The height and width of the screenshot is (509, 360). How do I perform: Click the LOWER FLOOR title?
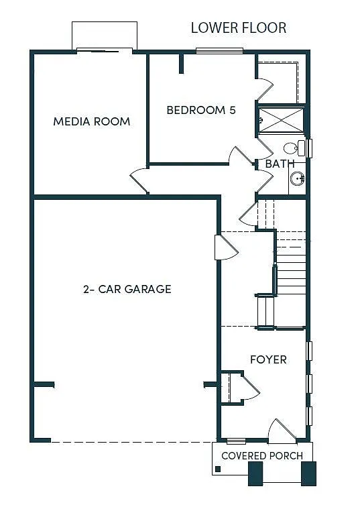(x=239, y=27)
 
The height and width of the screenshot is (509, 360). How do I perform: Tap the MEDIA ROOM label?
(x=91, y=121)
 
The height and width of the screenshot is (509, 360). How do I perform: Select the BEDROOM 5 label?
(x=201, y=110)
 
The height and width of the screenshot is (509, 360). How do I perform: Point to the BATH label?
(x=280, y=164)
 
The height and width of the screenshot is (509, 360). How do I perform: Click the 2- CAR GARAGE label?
(x=127, y=289)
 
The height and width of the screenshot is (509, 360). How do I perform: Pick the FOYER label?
(x=268, y=359)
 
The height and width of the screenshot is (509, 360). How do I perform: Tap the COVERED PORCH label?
(x=262, y=455)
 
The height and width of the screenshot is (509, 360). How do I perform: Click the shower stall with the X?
(x=282, y=120)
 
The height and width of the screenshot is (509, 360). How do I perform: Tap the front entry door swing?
(x=282, y=431)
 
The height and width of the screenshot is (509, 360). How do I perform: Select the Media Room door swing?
(x=139, y=180)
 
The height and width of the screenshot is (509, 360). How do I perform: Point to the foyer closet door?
(x=249, y=388)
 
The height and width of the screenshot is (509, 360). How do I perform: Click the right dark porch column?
(x=308, y=473)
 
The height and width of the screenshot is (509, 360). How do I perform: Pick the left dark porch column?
(x=256, y=473)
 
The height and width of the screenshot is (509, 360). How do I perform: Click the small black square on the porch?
(x=218, y=468)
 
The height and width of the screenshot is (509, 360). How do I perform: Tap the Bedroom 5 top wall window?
(x=219, y=50)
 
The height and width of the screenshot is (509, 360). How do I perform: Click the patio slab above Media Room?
(x=105, y=35)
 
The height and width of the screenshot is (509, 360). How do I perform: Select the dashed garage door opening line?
(x=131, y=441)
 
